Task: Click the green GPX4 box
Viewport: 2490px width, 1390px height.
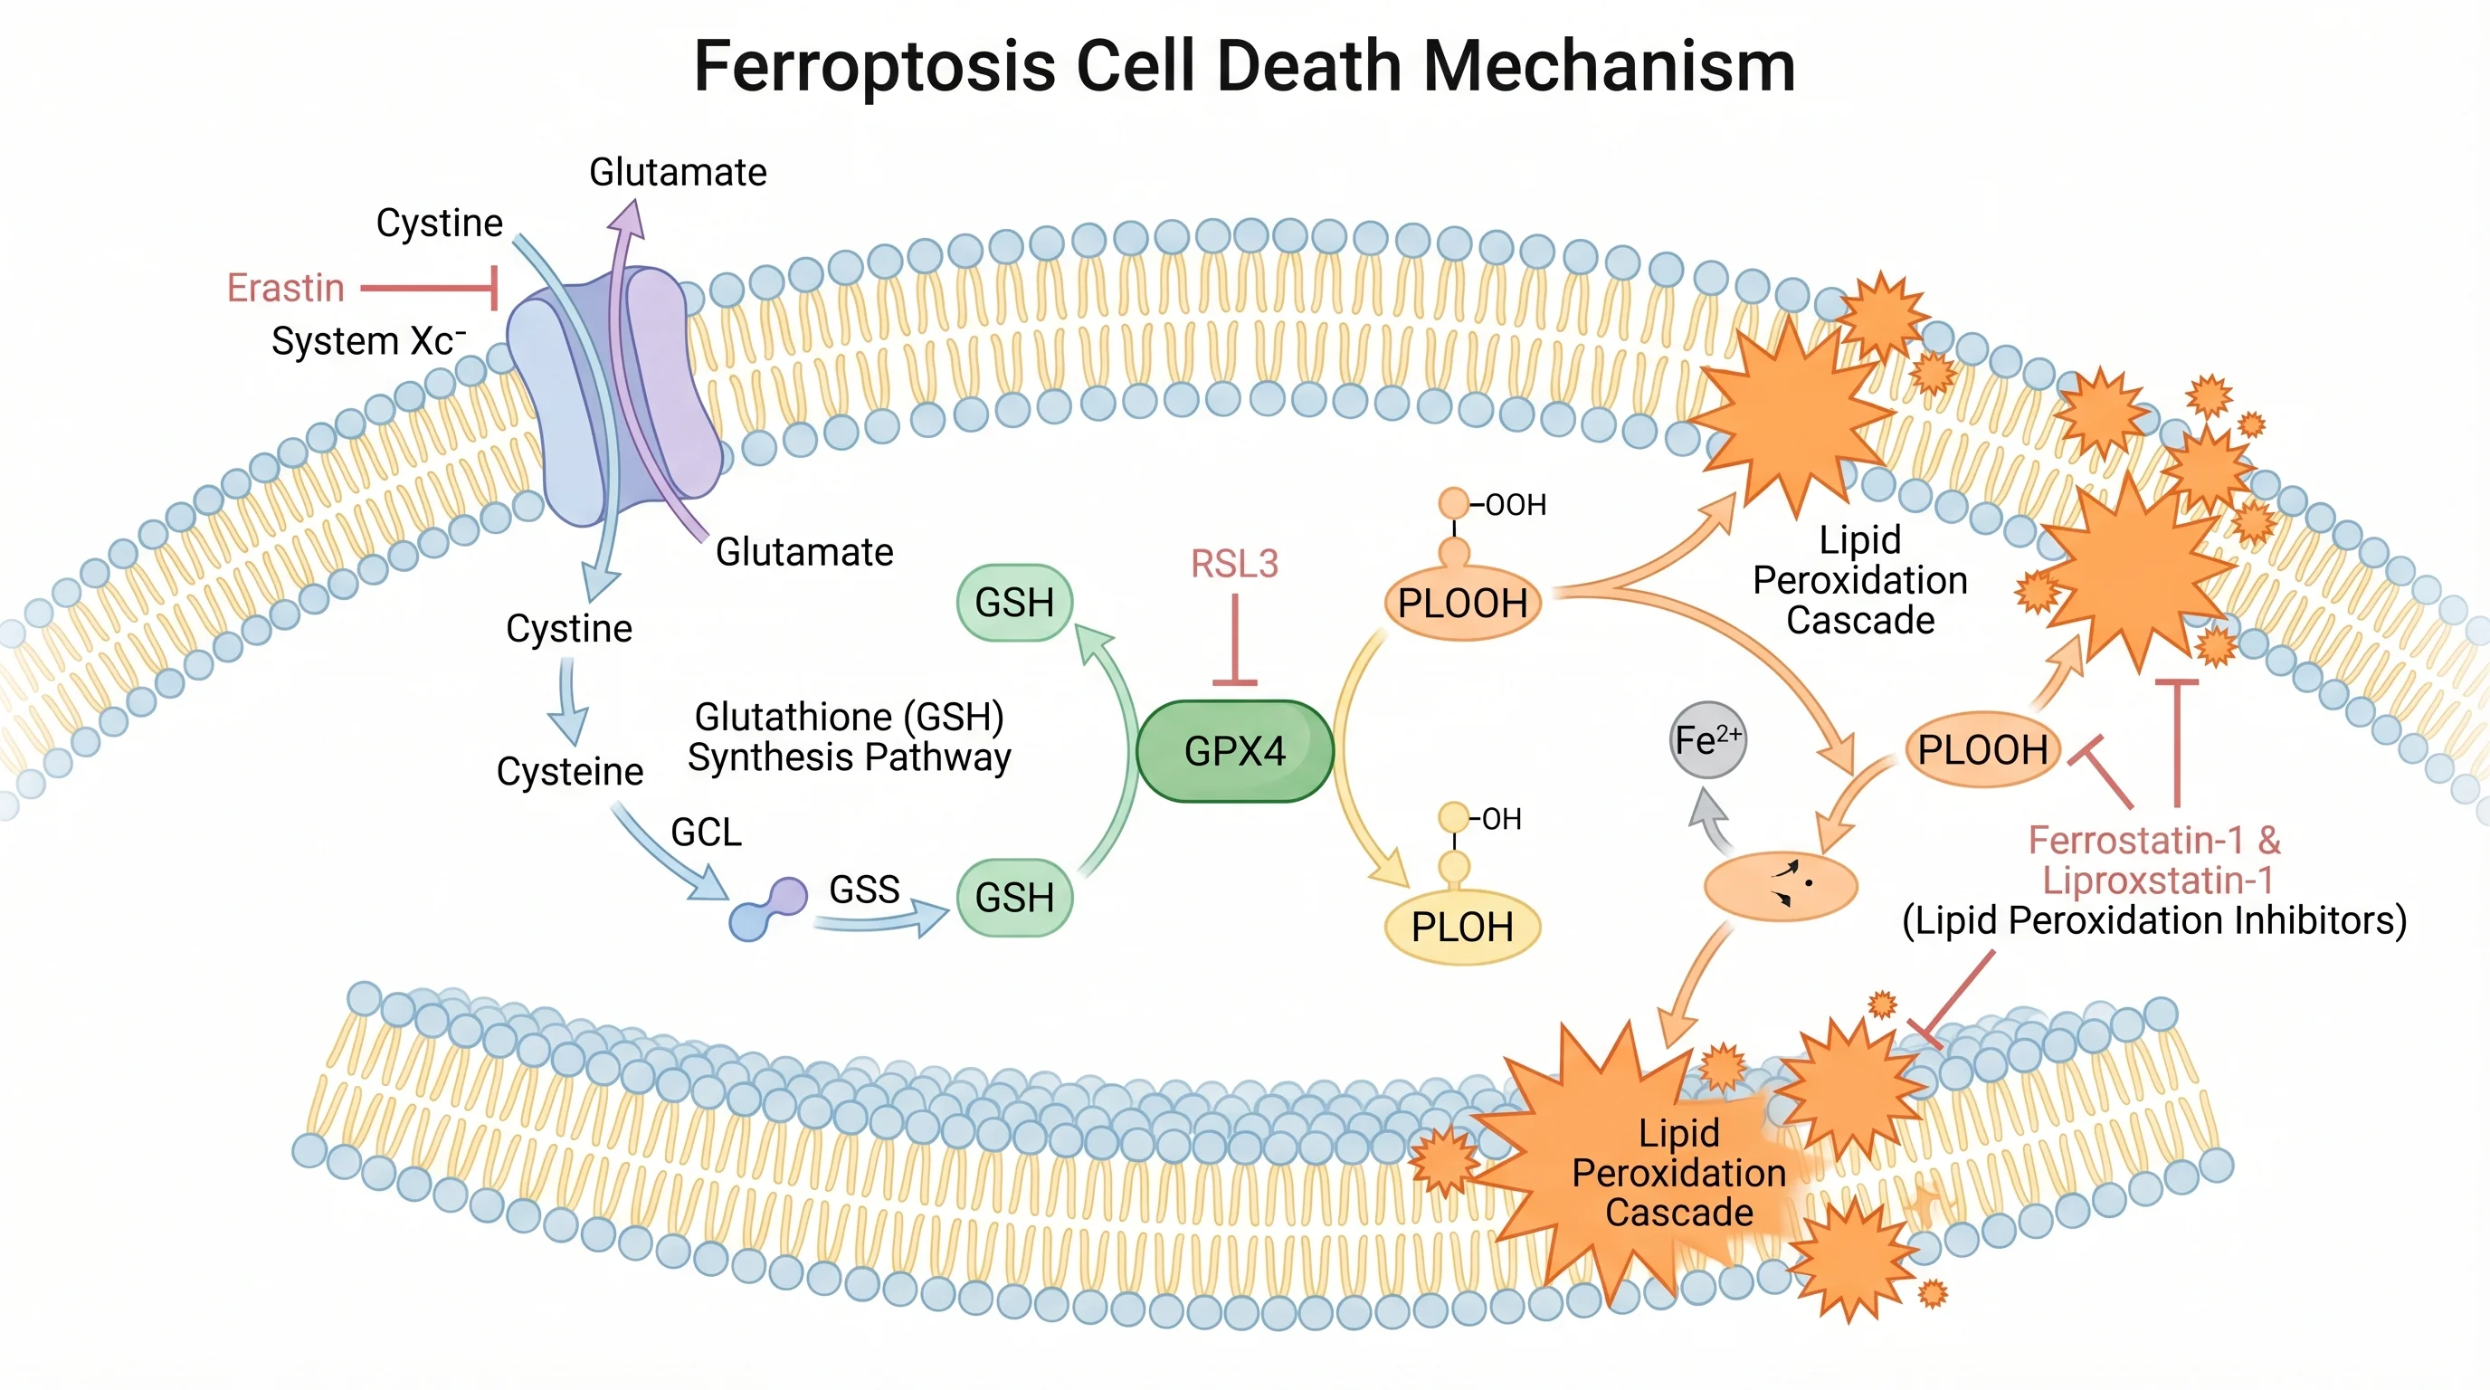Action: (1234, 751)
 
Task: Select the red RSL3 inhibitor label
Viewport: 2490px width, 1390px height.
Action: (1234, 564)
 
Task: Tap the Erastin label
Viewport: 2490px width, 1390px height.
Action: (285, 288)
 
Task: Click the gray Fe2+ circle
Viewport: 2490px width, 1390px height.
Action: (1708, 740)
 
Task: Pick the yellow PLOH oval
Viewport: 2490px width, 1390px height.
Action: (1461, 927)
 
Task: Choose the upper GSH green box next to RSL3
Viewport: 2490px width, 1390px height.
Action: (1014, 602)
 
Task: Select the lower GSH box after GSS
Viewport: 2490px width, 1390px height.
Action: (1014, 897)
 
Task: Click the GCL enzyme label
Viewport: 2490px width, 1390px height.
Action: (706, 833)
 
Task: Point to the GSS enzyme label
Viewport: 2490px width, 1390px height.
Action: (864, 890)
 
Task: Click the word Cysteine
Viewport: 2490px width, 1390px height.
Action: (569, 771)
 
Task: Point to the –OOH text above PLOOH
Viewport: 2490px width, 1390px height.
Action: (1514, 505)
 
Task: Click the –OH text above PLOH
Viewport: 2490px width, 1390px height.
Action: (1500, 820)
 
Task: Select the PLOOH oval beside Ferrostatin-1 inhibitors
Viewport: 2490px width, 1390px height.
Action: (1982, 750)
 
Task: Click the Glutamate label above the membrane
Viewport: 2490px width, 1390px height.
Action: (678, 172)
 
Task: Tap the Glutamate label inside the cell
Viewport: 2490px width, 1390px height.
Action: (803, 552)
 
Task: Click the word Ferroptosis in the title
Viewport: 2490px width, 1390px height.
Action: (874, 68)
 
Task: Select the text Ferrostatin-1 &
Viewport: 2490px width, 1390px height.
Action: (2153, 840)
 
